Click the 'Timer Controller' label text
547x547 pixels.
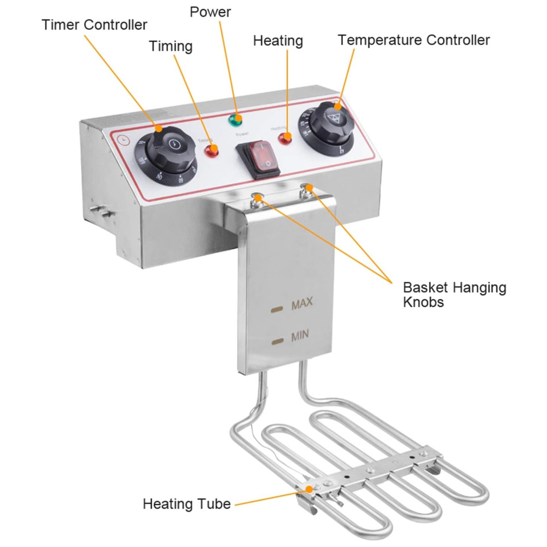pos(95,25)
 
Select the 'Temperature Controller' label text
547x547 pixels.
pos(414,40)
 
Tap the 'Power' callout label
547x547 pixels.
pos(211,11)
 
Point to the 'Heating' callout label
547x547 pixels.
pos(278,40)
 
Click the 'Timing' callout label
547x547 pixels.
pos(171,46)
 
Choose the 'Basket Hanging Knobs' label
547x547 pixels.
pos(455,294)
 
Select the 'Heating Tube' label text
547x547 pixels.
pos(187,504)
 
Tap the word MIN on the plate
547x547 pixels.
pos(301,336)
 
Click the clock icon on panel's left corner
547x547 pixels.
pos(125,139)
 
